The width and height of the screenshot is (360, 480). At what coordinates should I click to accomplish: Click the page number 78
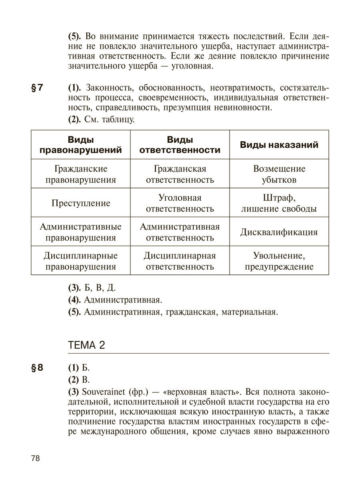pyautogui.click(x=35, y=458)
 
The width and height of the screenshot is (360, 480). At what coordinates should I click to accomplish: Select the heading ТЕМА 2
pyautogui.click(x=87, y=345)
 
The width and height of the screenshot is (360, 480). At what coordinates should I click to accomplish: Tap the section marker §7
pyautogui.click(x=37, y=88)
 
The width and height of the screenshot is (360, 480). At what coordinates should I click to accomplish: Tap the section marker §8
pyautogui.click(x=37, y=368)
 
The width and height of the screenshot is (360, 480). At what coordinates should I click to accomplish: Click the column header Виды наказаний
pyautogui.click(x=279, y=145)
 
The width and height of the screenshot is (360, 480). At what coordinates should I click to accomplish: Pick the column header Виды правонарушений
pyautogui.click(x=81, y=145)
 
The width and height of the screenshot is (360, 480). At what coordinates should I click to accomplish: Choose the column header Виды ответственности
pyautogui.click(x=180, y=145)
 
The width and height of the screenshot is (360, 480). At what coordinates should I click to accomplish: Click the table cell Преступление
pyautogui.click(x=81, y=203)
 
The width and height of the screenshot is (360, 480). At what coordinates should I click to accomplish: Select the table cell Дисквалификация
pyautogui.click(x=279, y=232)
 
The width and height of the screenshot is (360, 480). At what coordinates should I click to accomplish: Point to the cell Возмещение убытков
pyautogui.click(x=279, y=174)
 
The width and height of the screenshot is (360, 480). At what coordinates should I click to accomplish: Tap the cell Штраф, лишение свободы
pyautogui.click(x=279, y=203)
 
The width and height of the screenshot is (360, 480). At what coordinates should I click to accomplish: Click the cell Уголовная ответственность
pyautogui.click(x=180, y=203)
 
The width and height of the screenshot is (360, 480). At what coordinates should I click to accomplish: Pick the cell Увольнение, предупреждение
pyautogui.click(x=279, y=261)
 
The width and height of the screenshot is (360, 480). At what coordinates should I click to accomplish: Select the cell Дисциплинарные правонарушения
pyautogui.click(x=81, y=261)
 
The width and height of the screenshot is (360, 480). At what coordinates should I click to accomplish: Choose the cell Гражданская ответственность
pyautogui.click(x=180, y=174)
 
